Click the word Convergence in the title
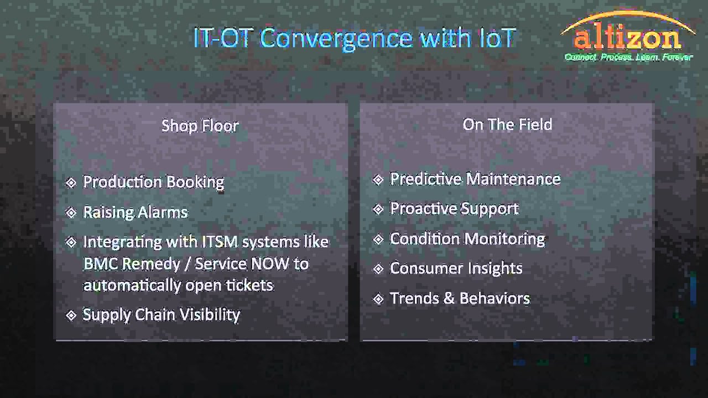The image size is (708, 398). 337,38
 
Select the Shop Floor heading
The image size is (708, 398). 200,125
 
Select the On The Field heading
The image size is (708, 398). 507,124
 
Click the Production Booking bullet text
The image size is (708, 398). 153,182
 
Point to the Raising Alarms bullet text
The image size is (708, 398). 136,212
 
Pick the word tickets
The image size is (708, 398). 249,285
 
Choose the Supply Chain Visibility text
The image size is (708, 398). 161,315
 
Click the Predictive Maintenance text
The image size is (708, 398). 475,179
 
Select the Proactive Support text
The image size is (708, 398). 454,209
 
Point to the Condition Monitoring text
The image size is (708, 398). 467,239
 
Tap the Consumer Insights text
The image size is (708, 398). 456,268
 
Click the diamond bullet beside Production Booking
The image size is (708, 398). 71,182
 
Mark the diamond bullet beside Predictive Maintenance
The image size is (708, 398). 378,180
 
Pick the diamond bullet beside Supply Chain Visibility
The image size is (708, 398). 71,315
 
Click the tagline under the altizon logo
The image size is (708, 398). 628,57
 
